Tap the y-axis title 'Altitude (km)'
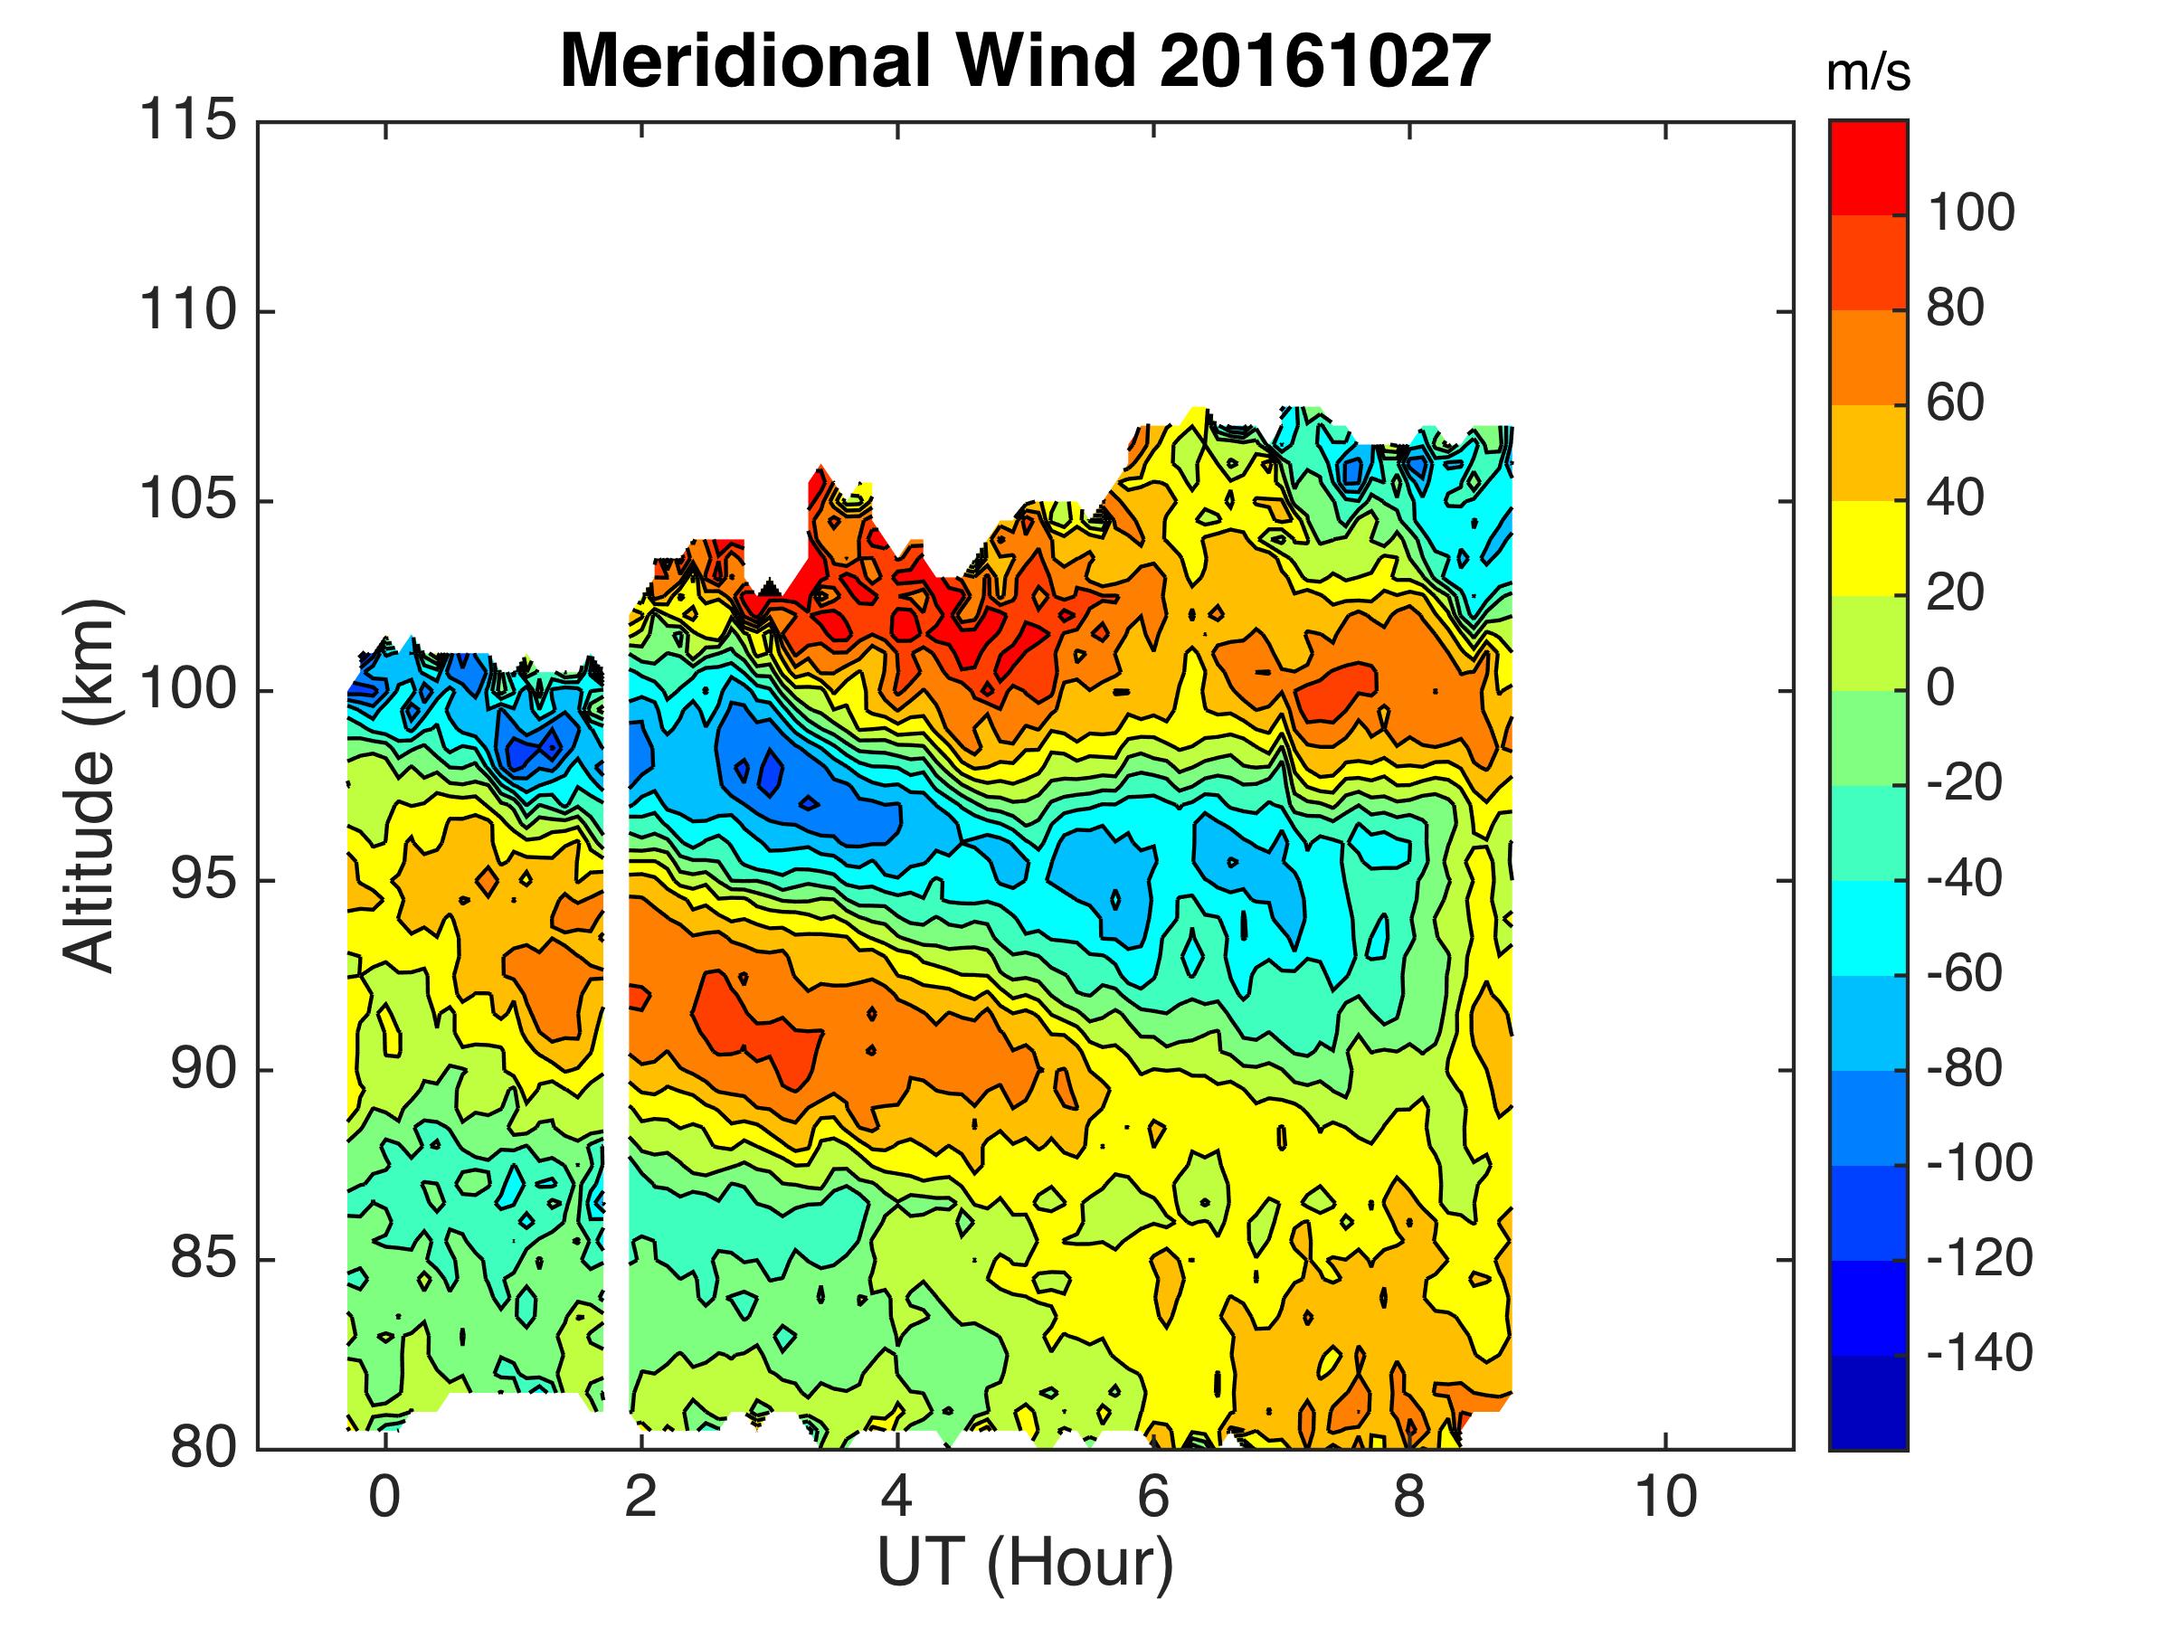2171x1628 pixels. pyautogui.click(x=90, y=785)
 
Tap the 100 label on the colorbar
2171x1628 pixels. pyautogui.click(x=1971, y=213)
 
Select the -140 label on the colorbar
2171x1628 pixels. pyautogui.click(x=1979, y=1354)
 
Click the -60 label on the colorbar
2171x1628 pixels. pyautogui.click(x=1965, y=974)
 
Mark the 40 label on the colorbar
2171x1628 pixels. pyautogui.click(x=1956, y=499)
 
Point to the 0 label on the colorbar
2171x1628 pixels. pyautogui.click(x=1940, y=689)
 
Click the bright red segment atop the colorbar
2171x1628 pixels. pyautogui.click(x=1868, y=166)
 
